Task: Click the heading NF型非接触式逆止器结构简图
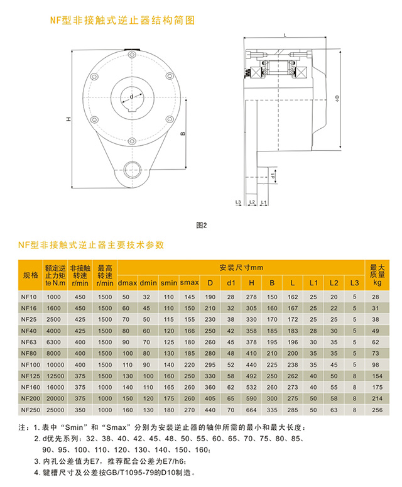click(122, 21)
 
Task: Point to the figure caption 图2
click(201, 224)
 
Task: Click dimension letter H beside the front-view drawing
click(68, 119)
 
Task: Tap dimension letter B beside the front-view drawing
click(182, 134)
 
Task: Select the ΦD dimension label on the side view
click(337, 98)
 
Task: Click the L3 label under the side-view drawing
click(238, 202)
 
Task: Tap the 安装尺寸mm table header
click(241, 267)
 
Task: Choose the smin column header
click(168, 282)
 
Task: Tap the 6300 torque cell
click(53, 342)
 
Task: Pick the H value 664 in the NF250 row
click(251, 410)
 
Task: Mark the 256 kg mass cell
click(376, 410)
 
